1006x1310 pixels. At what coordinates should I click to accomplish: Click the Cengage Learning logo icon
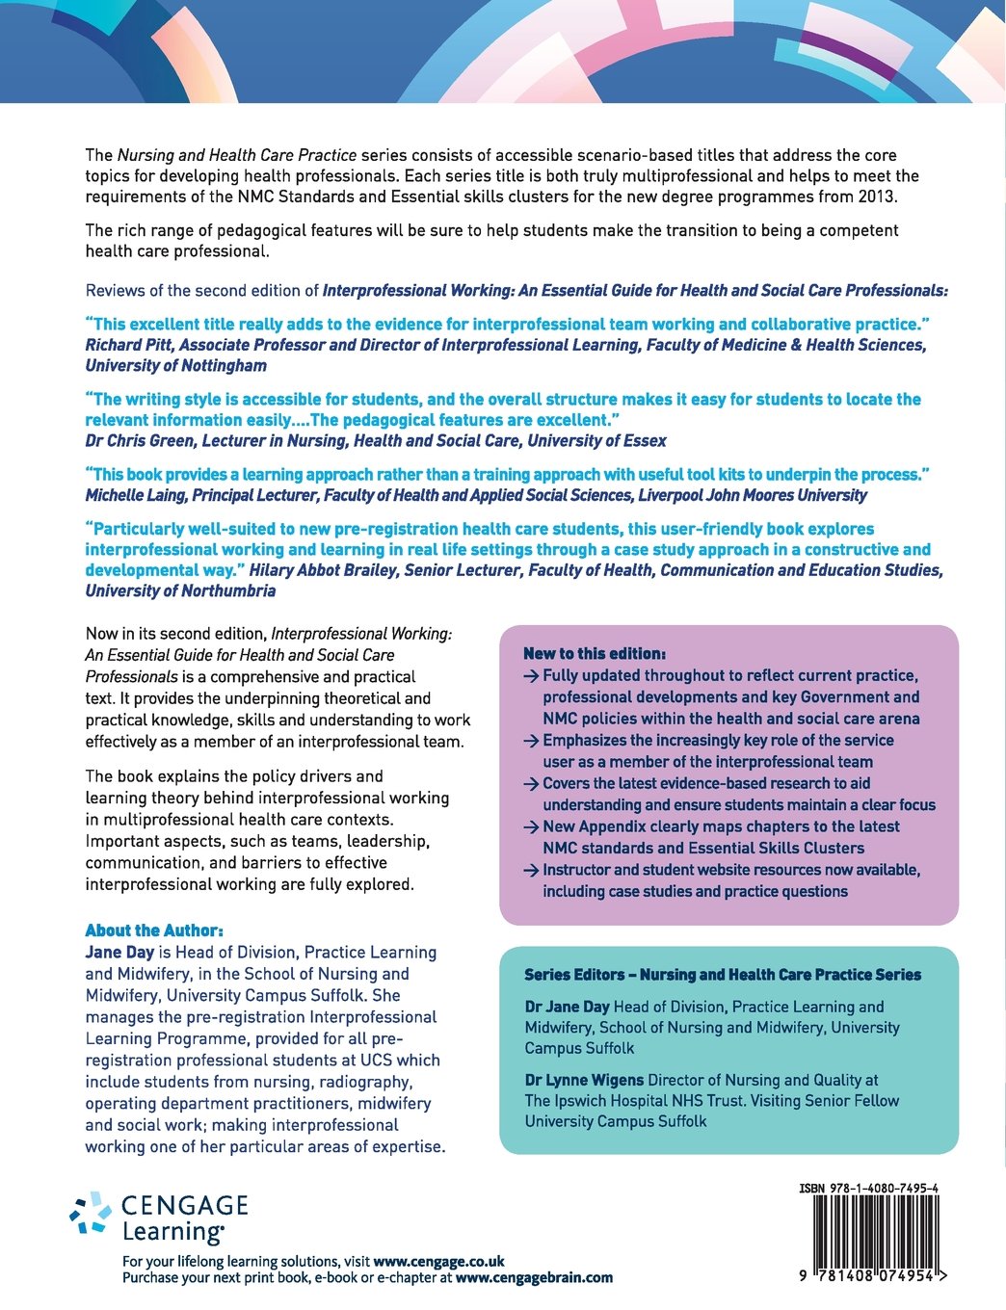pos(92,1213)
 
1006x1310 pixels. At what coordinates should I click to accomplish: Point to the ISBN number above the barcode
pos(868,1188)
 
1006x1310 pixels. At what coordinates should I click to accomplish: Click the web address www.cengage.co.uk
pos(438,1261)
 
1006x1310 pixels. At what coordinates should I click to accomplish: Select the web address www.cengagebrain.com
pos(534,1277)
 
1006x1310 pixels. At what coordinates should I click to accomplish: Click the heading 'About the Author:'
pos(154,930)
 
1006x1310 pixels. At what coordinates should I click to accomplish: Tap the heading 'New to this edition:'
pos(595,653)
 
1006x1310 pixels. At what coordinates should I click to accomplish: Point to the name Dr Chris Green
pos(135,440)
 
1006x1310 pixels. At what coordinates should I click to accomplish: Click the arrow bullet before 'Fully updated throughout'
pos(531,676)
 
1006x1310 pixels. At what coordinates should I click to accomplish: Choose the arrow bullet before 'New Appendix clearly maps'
pos(531,827)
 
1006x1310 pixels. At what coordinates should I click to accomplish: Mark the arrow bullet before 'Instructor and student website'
pos(531,871)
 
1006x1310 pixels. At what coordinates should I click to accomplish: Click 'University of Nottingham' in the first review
pos(176,366)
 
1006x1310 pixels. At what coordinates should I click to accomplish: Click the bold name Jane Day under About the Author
pos(119,952)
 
